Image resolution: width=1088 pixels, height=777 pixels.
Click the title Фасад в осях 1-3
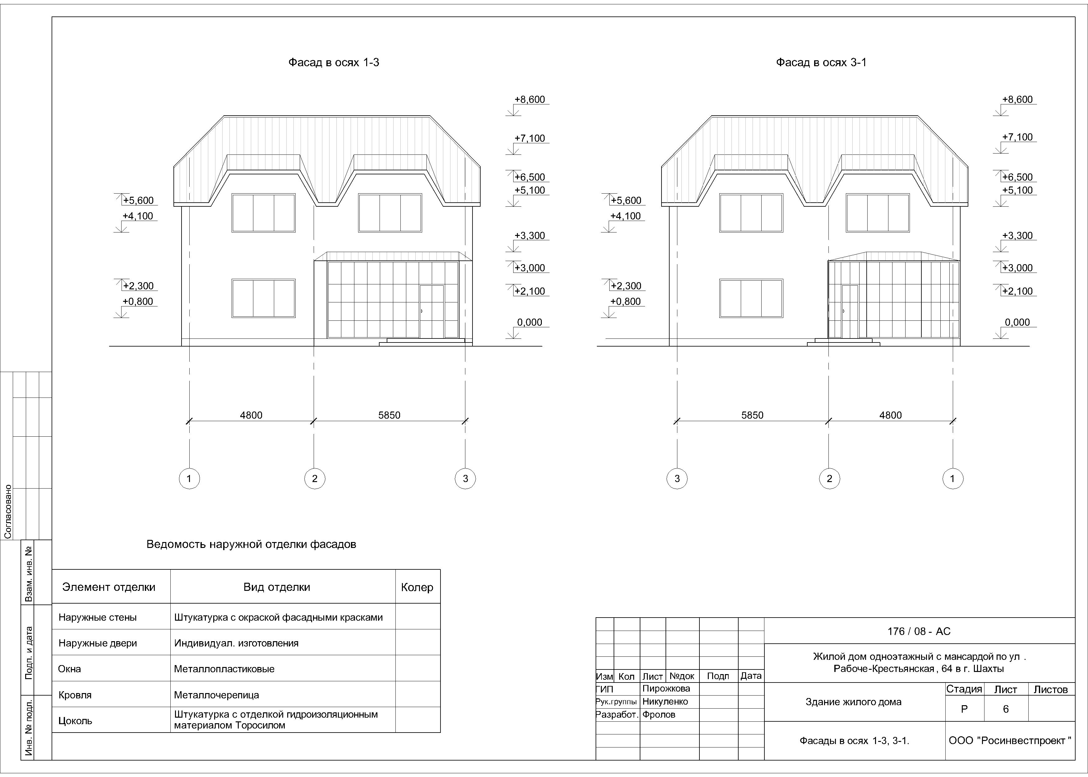coord(334,63)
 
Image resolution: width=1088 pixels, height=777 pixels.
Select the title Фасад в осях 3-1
coord(821,63)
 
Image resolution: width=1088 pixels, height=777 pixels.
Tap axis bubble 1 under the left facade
coord(189,478)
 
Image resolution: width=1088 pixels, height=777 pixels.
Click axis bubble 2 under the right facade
coord(829,478)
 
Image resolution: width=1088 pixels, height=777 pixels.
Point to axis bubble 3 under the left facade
coord(465,478)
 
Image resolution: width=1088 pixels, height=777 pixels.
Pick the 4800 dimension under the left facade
coord(251,415)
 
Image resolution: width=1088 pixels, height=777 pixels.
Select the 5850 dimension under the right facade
coord(752,415)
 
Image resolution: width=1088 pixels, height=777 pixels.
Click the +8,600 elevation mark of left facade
coord(529,99)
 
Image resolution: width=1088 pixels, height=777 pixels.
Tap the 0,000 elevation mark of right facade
coord(1017,323)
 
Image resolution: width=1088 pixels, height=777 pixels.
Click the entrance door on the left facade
coord(431,311)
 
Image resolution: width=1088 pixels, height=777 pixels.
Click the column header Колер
coord(417,587)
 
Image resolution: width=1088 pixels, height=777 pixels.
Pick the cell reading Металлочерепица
coord(216,695)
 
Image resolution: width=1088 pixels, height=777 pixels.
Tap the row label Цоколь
coord(75,720)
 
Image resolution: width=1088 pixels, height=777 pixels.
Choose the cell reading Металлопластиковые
coord(224,669)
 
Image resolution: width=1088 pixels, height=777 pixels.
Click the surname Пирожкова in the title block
coord(666,688)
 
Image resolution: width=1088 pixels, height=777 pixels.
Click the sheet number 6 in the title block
coord(1005,709)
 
